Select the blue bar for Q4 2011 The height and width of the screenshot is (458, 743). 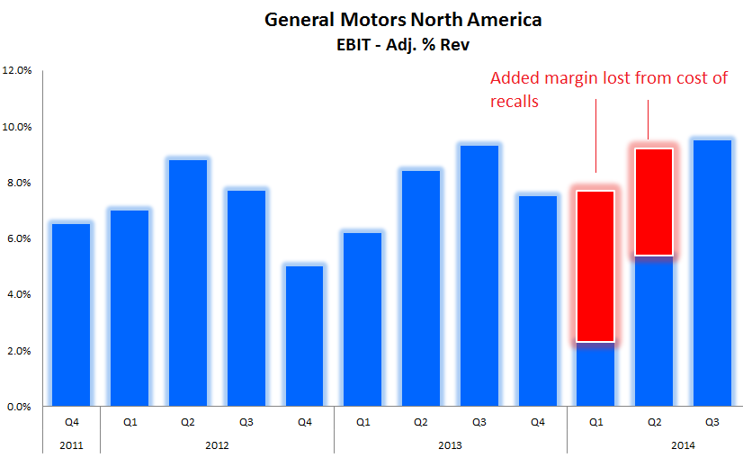tap(71, 315)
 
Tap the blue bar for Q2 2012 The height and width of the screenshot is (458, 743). tap(188, 283)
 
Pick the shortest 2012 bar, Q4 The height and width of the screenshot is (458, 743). tap(304, 337)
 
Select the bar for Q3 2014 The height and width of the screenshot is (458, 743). tap(712, 274)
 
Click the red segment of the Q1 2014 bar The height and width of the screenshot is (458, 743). tap(595, 266)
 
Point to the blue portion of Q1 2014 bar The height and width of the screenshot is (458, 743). tap(595, 374)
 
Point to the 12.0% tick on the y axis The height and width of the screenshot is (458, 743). tap(18, 70)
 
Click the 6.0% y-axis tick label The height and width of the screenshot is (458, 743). tap(18, 238)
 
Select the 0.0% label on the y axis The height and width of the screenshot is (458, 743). tap(18, 407)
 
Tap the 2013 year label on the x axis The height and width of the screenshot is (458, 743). tap(450, 444)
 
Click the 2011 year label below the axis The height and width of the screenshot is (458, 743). tap(71, 444)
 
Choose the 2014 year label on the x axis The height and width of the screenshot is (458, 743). tap(682, 444)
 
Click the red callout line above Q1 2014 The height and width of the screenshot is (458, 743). tap(596, 135)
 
